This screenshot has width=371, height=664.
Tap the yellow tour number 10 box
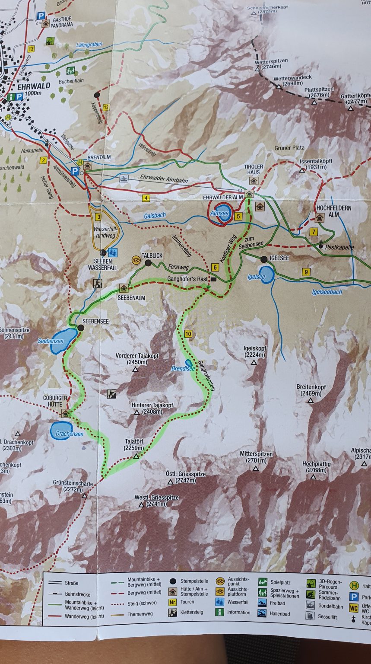coord(187,333)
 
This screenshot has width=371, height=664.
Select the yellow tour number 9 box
coord(306,272)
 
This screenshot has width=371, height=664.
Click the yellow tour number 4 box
coord(146,198)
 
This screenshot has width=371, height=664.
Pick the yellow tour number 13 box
coord(31,49)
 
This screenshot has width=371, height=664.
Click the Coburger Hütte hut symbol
coord(66,413)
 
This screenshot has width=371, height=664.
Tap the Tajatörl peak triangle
coord(136,456)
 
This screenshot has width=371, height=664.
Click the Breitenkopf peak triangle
coord(310,401)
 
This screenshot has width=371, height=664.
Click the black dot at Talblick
coord(148,263)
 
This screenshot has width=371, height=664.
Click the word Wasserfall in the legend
coord(238,602)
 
